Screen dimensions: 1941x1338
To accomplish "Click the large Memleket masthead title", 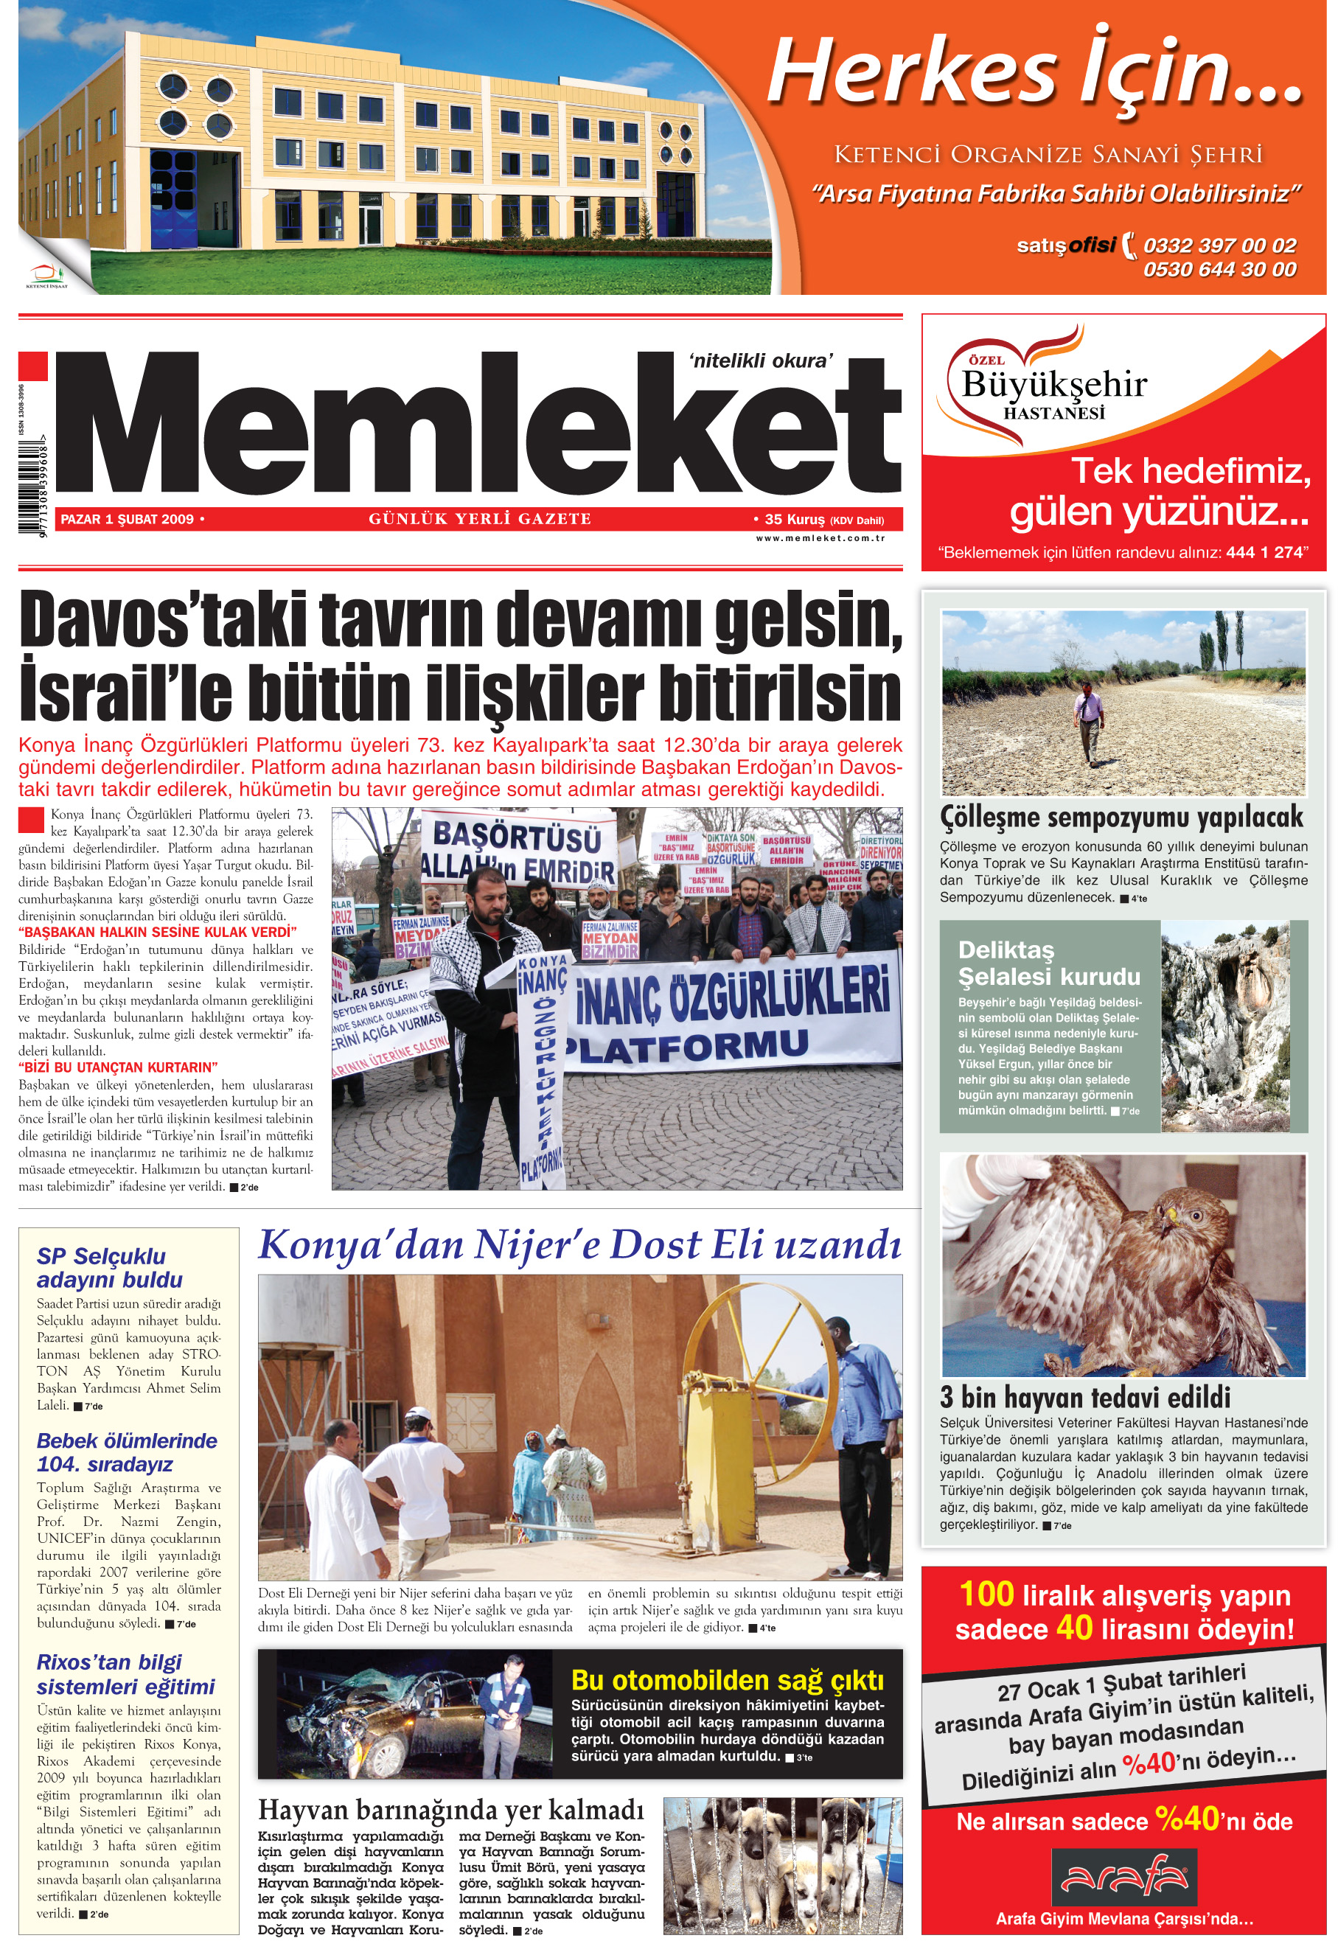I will tap(478, 428).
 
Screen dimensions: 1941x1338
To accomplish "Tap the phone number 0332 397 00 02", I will tap(1219, 245).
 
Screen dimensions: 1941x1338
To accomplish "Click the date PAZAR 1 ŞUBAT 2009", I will tap(128, 519).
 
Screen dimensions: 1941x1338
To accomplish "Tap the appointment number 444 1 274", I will tap(1264, 552).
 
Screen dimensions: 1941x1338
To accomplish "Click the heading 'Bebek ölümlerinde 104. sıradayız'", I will tap(127, 1452).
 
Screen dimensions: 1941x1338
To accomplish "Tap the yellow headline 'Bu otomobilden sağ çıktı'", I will tap(727, 1679).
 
